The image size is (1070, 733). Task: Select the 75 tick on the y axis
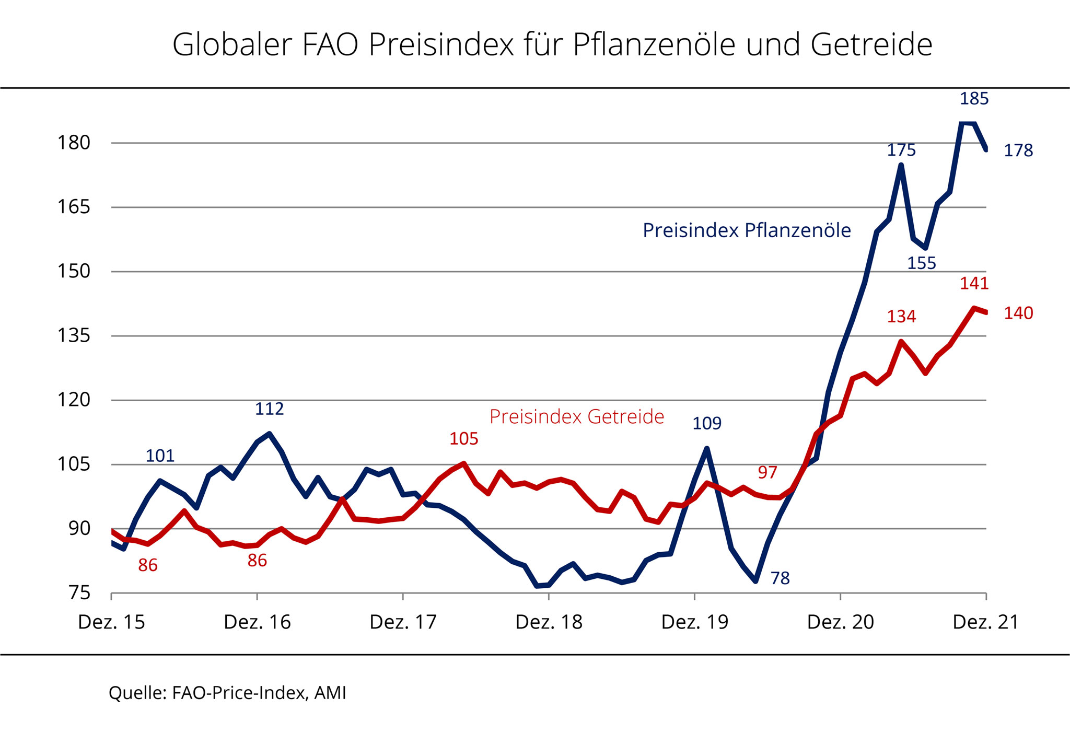point(79,593)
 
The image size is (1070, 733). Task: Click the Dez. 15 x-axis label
point(111,622)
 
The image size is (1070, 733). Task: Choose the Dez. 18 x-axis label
point(549,622)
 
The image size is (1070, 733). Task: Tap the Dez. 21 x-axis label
point(986,622)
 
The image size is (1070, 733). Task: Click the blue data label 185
point(974,98)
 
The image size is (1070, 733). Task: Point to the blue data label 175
point(901,150)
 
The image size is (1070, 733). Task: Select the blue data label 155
point(921,263)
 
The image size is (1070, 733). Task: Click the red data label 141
point(974,283)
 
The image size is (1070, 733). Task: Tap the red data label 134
point(901,317)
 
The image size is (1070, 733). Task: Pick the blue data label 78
point(780,578)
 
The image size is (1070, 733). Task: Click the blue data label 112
point(269,409)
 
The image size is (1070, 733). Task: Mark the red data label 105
point(463,439)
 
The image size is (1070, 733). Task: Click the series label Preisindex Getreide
point(577,417)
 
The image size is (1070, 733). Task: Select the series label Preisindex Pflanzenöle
point(747,230)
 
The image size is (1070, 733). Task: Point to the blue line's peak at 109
point(707,448)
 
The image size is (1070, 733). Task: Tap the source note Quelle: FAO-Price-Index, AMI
point(227,693)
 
